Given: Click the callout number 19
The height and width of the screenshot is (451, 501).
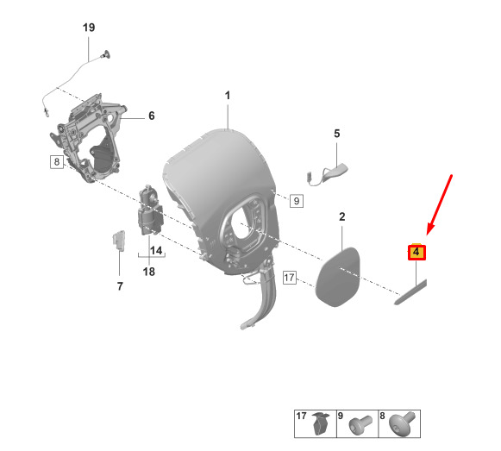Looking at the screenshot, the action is (89, 28).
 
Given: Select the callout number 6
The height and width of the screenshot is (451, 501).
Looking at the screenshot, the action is (152, 116).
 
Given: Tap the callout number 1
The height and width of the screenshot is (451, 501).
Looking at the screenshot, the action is (227, 95).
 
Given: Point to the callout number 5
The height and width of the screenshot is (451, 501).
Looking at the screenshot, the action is (337, 134).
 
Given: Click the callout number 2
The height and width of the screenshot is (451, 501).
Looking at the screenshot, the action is (341, 216).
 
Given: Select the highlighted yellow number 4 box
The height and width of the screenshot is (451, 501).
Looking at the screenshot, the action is (416, 252).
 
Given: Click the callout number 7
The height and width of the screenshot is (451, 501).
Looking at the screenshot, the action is (120, 286).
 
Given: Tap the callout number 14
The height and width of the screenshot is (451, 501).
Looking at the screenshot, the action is (156, 250).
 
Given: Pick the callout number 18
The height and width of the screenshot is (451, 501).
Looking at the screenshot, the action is (149, 272).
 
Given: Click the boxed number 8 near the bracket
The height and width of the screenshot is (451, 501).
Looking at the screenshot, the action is (57, 162).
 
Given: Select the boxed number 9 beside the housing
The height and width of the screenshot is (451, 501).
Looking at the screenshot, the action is (297, 201).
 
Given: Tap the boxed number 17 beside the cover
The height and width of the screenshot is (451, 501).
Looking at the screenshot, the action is (290, 278).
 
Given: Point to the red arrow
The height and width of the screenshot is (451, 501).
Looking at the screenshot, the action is (439, 205).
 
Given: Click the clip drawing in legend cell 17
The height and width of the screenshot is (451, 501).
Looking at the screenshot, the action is (322, 423).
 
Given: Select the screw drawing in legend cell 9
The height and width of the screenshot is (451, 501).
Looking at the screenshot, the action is (360, 425).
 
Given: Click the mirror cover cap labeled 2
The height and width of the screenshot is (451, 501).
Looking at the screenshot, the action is (337, 277).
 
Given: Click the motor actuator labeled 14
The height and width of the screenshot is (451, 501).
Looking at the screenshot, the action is (150, 210).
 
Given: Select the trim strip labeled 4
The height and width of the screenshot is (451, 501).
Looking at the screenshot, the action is (410, 292).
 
